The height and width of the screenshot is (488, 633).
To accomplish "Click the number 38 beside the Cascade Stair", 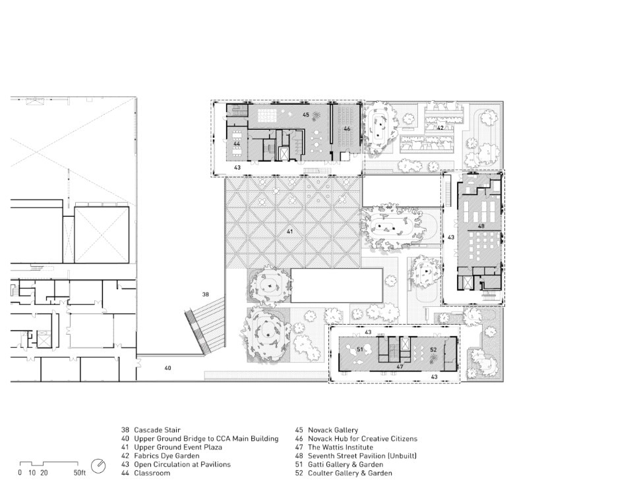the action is pyautogui.click(x=206, y=294).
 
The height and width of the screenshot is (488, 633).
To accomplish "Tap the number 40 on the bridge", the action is pyautogui.click(x=167, y=368).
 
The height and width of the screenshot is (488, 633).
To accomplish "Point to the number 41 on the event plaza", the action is pyautogui.click(x=289, y=232).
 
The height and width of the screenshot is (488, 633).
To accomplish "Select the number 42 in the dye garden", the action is pyautogui.click(x=440, y=128).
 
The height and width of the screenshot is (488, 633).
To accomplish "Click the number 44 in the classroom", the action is pyautogui.click(x=237, y=144).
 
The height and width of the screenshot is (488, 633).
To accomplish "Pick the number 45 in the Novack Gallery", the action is pyautogui.click(x=305, y=115).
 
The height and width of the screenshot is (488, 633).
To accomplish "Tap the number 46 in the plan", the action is pyautogui.click(x=347, y=129).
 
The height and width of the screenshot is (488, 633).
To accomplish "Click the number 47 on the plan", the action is pyautogui.click(x=400, y=367).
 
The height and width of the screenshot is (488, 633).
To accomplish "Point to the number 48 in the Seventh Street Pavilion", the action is pyautogui.click(x=481, y=227).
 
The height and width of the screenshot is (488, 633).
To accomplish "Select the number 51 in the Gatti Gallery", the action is pyautogui.click(x=360, y=349).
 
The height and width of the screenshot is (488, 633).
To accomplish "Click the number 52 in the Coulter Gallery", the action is pyautogui.click(x=433, y=350).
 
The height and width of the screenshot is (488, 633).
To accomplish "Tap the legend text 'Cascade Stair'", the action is pyautogui.click(x=157, y=430).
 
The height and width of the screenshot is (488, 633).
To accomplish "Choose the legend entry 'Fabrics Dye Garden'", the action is pyautogui.click(x=167, y=456).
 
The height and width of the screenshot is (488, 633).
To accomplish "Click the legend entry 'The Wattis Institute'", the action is pyautogui.click(x=340, y=447).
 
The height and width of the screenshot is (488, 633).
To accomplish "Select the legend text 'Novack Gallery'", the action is pyautogui.click(x=333, y=430).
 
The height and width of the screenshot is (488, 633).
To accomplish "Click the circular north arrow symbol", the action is pyautogui.click(x=98, y=466).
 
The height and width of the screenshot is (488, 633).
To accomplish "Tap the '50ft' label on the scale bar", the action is pyautogui.click(x=80, y=473).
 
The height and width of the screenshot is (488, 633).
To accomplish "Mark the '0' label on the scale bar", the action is pyautogui.click(x=20, y=473).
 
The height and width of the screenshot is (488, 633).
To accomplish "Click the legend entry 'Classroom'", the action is pyautogui.click(x=152, y=473).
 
